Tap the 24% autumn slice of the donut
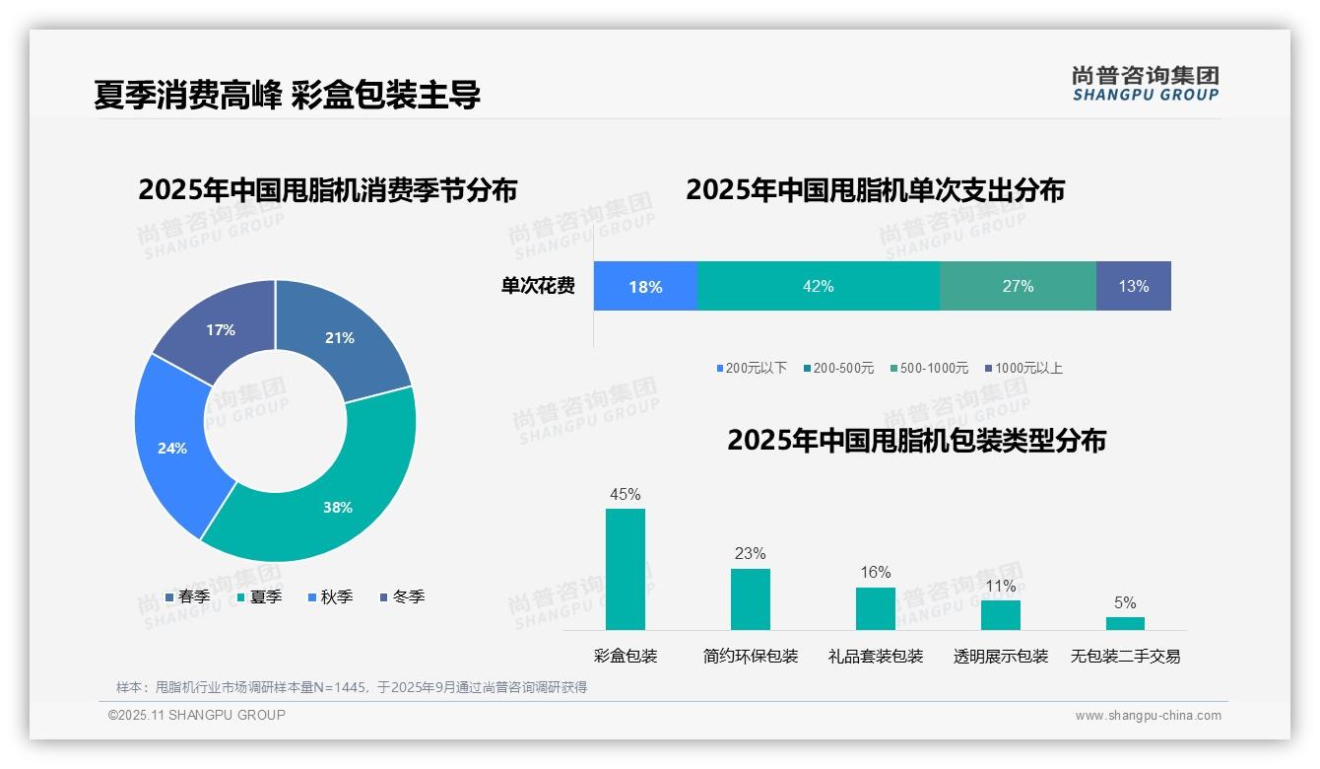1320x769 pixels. pos(172,447)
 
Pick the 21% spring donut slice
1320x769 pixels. pos(340,338)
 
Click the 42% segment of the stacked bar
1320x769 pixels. pos(818,286)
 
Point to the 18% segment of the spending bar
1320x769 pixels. pos(645,286)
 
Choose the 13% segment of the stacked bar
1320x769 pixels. pos(1133,286)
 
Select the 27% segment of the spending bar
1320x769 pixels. pos(1018,286)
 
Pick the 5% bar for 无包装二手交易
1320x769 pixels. pos(1125,623)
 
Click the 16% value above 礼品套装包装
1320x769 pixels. pos(875,573)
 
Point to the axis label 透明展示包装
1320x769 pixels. pos(1001,656)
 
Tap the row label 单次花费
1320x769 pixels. pos(538,286)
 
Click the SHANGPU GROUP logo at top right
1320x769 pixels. pos(1146,83)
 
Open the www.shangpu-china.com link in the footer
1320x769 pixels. pos(1148,716)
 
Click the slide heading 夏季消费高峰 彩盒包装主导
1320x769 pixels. pos(288,96)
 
